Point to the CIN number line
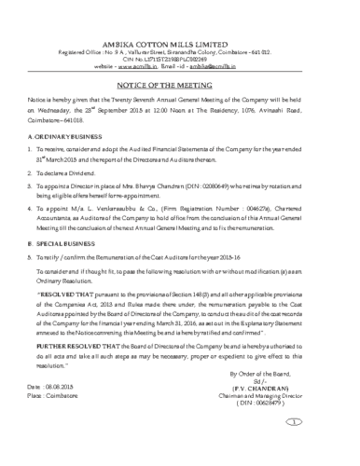[x=179, y=35]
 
